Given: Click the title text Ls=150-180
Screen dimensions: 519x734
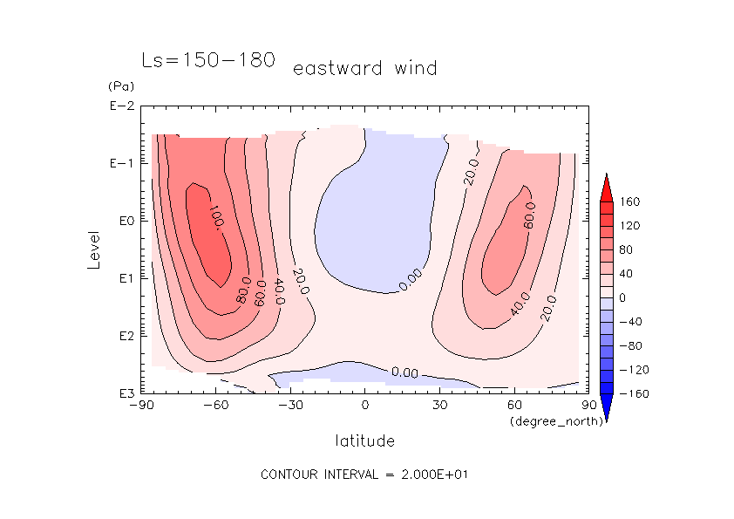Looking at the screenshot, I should pos(208,60).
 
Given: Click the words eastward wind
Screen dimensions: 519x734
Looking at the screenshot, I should pos(364,68).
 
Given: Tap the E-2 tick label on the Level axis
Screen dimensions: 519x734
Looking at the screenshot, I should pos(121,106).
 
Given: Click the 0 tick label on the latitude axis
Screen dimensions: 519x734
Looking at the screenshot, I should pos(365,405).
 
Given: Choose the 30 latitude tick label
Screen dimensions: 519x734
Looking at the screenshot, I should pos(439,405).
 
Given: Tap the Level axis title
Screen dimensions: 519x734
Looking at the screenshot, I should pos(94,243).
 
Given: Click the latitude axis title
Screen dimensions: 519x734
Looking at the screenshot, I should pos(364,440).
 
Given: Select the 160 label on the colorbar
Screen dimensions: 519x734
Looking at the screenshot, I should pos(629,202).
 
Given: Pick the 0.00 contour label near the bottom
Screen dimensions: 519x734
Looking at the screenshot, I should pos(405,372).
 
